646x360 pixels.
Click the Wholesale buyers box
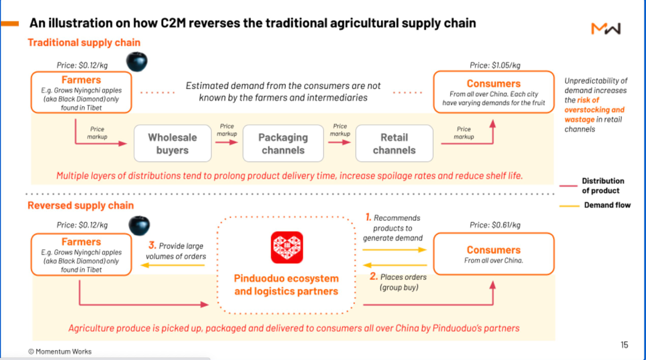coord(172,143)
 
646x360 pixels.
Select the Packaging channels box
coord(283,143)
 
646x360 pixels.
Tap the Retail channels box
coord(394,143)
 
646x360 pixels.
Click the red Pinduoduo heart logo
coord(286,248)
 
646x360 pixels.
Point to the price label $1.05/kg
coord(495,66)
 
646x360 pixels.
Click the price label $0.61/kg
coord(495,225)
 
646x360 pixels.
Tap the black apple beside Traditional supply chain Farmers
coord(137,62)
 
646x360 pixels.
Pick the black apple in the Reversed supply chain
coord(139,225)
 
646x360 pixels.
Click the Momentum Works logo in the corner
coord(606,29)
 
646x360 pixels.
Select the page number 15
coord(624,345)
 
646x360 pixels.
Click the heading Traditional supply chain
coord(84,43)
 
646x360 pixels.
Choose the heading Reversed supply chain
coord(81,205)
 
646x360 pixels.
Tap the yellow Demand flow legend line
coord(570,206)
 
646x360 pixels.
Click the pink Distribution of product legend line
coord(568,186)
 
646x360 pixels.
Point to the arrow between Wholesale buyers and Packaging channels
coord(227,142)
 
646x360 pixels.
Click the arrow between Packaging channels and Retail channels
coord(340,142)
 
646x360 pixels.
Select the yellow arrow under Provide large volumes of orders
coord(172,265)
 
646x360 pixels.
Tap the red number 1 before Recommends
coord(368,217)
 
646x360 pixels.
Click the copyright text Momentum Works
coord(60,351)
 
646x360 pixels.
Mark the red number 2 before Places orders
coord(374,277)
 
